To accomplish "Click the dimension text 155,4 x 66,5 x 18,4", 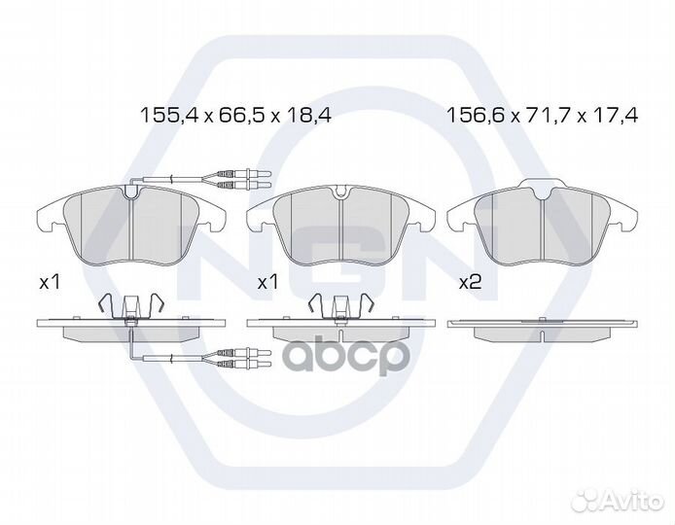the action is click(x=236, y=115).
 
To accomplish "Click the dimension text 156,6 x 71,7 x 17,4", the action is click(x=543, y=115).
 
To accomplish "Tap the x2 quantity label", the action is click(x=470, y=283).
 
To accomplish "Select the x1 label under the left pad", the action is click(x=49, y=283).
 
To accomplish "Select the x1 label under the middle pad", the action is click(x=267, y=283).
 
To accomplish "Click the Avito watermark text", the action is click(x=633, y=502).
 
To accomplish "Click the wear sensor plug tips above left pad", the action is click(x=246, y=180).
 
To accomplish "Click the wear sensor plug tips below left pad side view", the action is click(x=246, y=359).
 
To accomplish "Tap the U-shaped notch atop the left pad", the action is click(x=130, y=192).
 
